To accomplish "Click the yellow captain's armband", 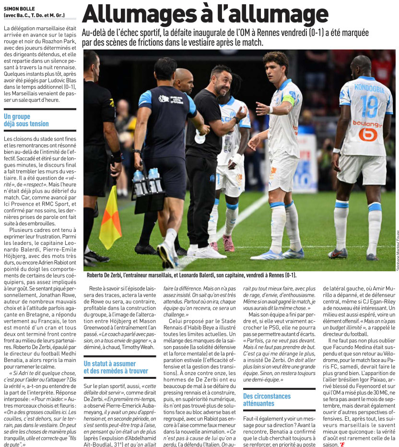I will tap(288, 100).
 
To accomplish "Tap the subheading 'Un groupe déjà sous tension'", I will tap(26, 120).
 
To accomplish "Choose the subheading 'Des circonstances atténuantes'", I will tap(267, 399).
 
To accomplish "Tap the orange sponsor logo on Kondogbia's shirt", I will tap(368, 134).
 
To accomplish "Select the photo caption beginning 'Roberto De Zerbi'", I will tap(191, 275).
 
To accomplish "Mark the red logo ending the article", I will tap(342, 444).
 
